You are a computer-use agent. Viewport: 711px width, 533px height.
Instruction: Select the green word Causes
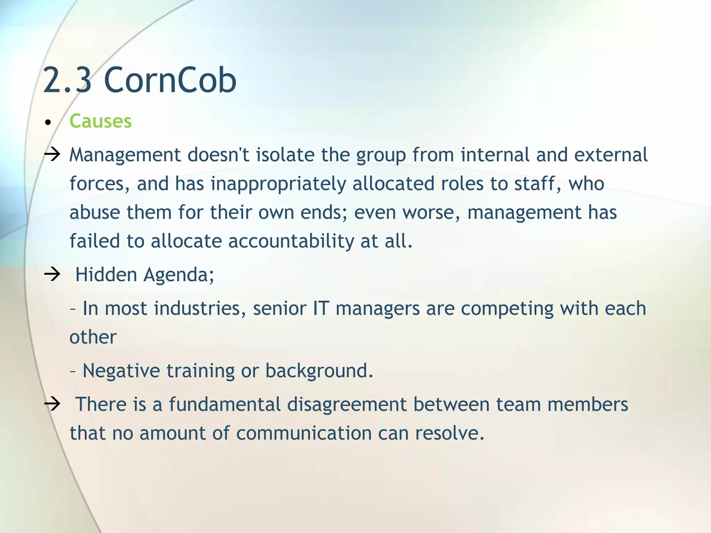(x=101, y=121)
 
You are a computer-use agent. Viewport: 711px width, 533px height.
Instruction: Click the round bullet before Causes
(x=48, y=122)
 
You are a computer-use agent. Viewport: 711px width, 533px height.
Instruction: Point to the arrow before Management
(x=52, y=154)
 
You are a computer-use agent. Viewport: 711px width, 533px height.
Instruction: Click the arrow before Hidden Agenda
(x=52, y=274)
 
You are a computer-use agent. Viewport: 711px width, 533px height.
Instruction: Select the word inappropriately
(x=278, y=184)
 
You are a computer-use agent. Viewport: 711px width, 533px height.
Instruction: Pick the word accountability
(x=291, y=241)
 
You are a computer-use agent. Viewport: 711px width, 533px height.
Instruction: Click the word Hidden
(x=106, y=274)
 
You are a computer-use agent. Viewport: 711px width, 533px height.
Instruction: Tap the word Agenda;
(x=179, y=275)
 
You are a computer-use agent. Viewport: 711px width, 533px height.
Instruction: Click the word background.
(x=319, y=371)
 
